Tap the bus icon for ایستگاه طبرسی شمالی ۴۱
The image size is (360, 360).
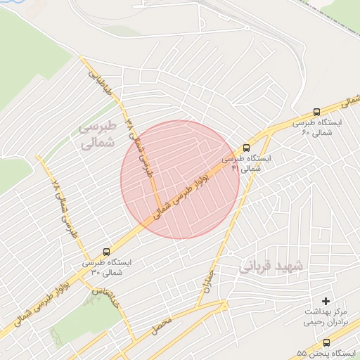(246, 148)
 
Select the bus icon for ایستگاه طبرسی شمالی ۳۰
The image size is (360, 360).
(106, 251)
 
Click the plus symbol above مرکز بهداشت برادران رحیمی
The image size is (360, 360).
(325, 301)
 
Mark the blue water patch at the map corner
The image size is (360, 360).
(14, 6)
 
